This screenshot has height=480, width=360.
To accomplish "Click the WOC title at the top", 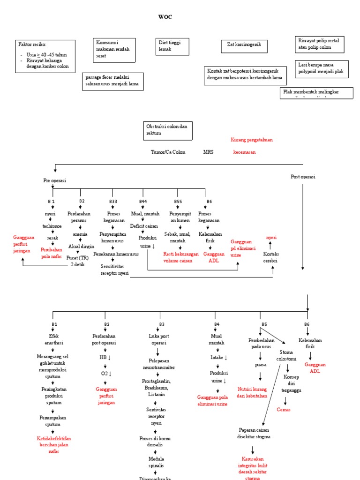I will coord(165,17).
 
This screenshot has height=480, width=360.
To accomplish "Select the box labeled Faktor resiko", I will coord(45,56).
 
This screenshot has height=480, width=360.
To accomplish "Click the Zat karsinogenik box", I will coord(244,46).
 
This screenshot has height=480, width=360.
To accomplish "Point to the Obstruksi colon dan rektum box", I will coord(167,130).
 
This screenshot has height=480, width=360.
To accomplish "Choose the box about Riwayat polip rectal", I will coord(319,44).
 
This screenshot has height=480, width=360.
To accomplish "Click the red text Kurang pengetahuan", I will coord(252,140).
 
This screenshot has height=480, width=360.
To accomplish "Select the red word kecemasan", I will coord(245,152).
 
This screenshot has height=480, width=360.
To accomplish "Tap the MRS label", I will coord(208,152).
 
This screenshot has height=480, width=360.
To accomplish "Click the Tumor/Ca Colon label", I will coord(168,152).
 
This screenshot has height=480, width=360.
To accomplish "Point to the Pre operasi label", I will coord(54,180).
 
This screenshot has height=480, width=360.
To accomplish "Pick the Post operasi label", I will coord(303,177).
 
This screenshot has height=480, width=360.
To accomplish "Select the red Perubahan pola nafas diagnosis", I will coord(52,253).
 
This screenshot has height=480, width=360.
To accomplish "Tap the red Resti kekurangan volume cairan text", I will coord(181,257).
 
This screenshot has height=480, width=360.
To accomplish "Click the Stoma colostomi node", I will coord(286,355).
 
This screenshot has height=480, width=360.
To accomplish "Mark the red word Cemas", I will coord(284,409).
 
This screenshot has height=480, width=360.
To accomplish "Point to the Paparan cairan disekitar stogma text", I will coord(255,433).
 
